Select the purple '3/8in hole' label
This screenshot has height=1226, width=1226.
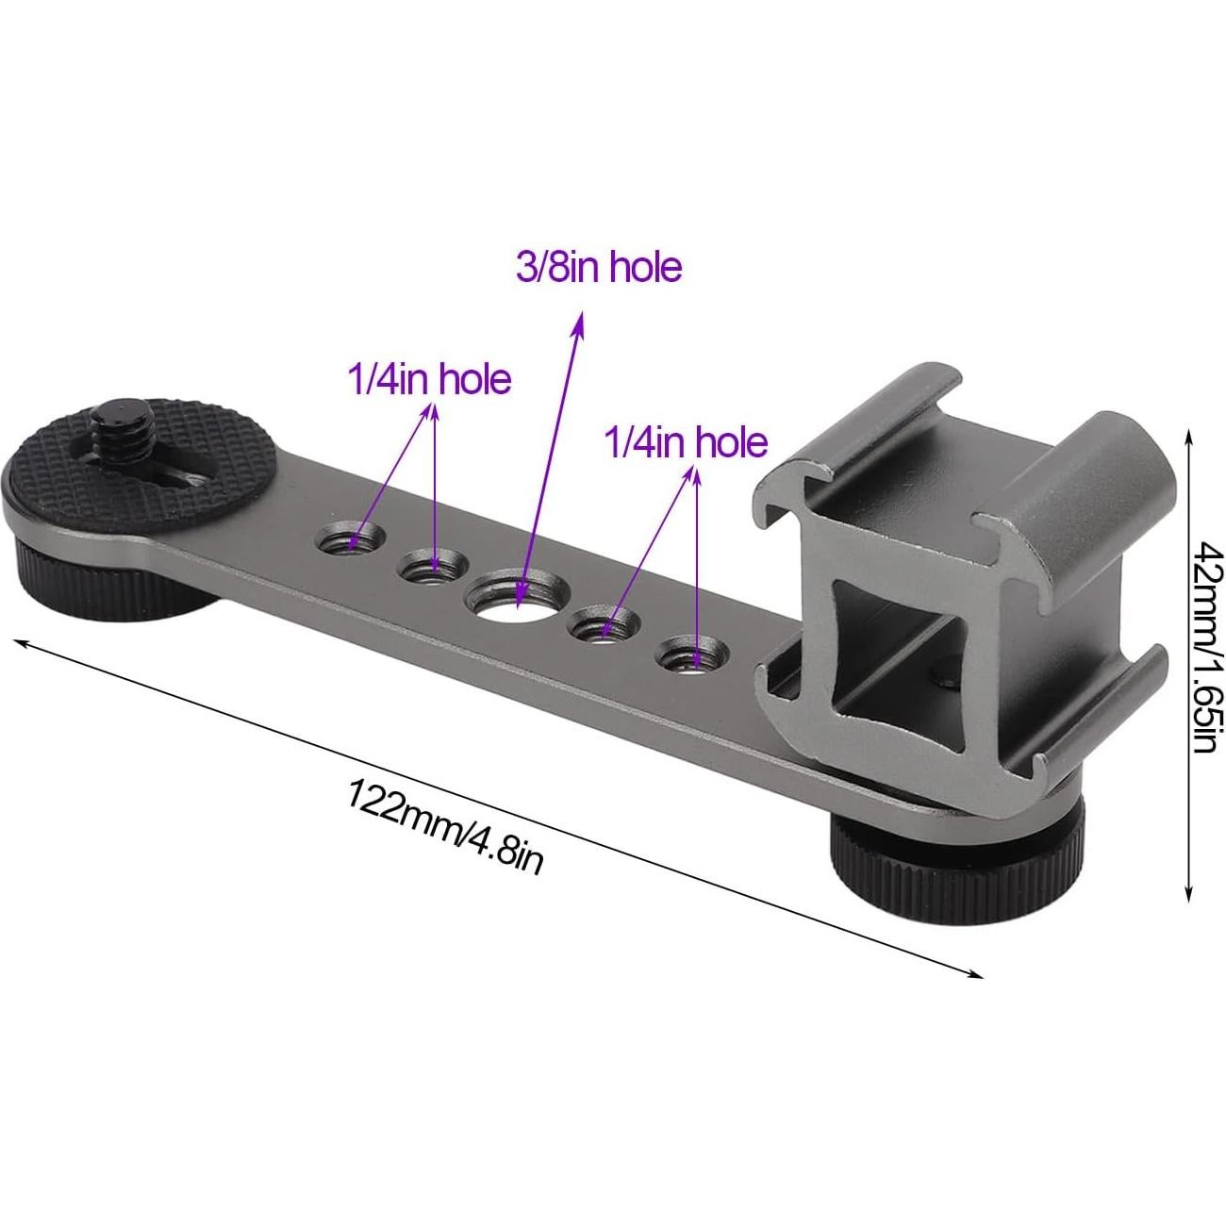pos(598,268)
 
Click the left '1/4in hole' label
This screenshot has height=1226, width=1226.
pos(429,379)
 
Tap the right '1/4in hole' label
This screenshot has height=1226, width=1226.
pos(686,441)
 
